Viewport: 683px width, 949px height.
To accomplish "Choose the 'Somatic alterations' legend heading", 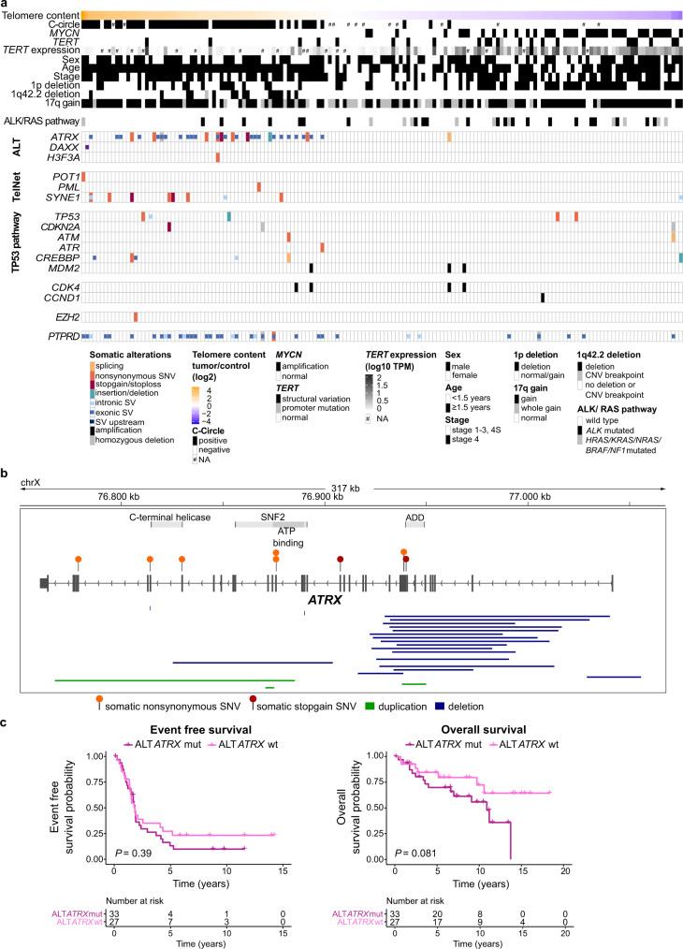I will (135, 355).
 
